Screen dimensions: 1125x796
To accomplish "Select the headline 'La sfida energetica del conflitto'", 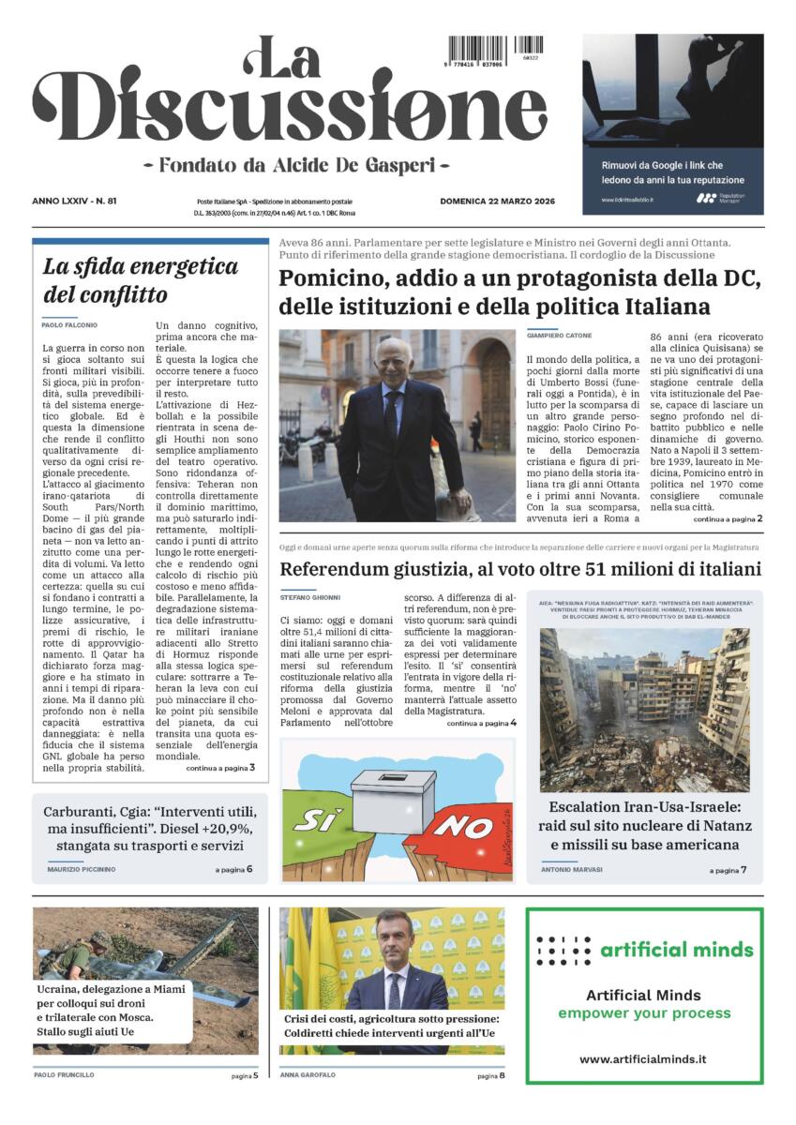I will pyautogui.click(x=141, y=280).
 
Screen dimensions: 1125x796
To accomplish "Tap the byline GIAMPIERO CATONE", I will pyautogui.click(x=560, y=335).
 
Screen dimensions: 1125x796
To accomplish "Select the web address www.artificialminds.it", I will pyautogui.click(x=642, y=1059).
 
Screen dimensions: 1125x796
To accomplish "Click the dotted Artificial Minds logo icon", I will pyautogui.click(x=563, y=951).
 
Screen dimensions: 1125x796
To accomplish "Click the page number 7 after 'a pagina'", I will pyautogui.click(x=743, y=871).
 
